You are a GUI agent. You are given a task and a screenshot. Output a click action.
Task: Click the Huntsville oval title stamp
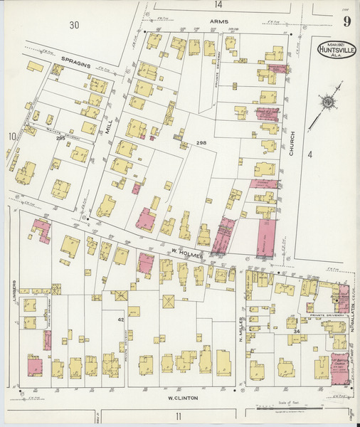[x=334, y=52]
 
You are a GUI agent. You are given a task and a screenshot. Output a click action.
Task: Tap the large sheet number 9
[x=346, y=21]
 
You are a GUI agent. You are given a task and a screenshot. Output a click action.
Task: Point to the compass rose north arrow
[x=329, y=101]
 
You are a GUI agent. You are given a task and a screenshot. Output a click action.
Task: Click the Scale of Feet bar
[x=295, y=410]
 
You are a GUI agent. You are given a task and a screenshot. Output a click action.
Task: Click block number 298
[x=201, y=143]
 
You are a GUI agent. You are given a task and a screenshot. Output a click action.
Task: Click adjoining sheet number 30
[x=74, y=26]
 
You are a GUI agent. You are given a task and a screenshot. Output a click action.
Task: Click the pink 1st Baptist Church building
[x=340, y=367]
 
